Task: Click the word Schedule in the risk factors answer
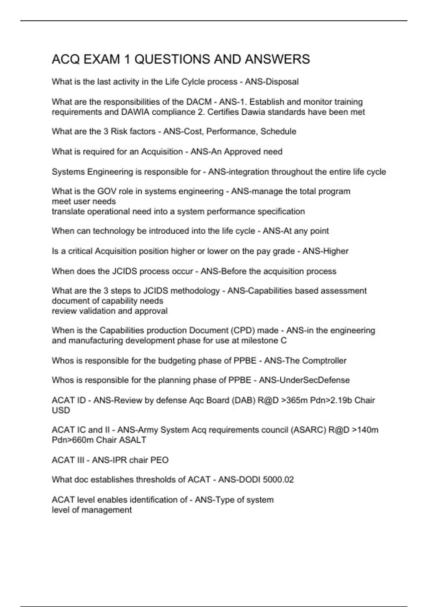coord(278,131)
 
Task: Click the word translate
coord(68,211)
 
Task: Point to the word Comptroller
coord(324,361)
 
